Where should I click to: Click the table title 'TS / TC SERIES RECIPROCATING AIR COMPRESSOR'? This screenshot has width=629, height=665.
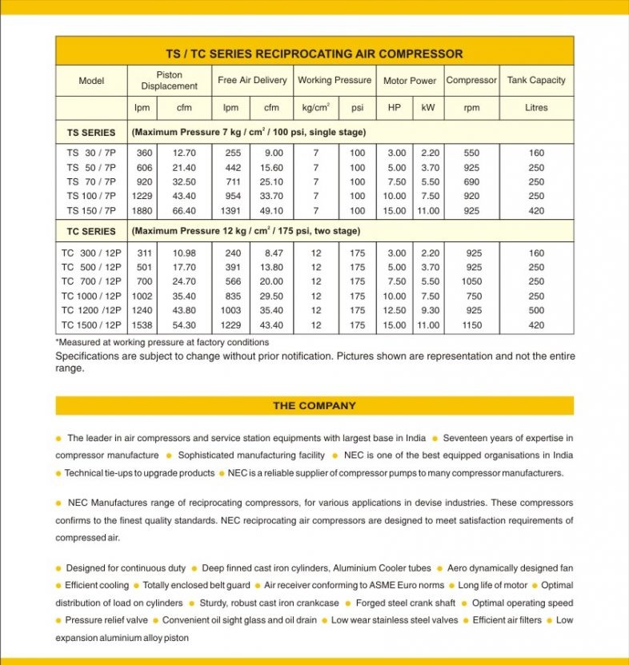[314, 54]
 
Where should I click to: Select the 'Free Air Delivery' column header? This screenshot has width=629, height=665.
[252, 80]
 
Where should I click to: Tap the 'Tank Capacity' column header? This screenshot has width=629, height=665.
[536, 80]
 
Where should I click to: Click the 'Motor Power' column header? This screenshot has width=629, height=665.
[410, 81]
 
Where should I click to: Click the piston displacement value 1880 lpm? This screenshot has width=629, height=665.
[144, 211]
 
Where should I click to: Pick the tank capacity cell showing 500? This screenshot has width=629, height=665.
[536, 310]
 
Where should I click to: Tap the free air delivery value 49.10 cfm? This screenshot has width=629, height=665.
[273, 211]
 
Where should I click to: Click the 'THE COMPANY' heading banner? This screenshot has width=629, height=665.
[314, 405]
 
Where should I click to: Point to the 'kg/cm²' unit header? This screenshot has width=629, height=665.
[316, 108]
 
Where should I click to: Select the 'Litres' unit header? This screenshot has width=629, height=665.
[536, 108]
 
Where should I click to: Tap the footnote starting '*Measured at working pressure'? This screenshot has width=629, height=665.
[162, 342]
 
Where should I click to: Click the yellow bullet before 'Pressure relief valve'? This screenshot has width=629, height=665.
[58, 621]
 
